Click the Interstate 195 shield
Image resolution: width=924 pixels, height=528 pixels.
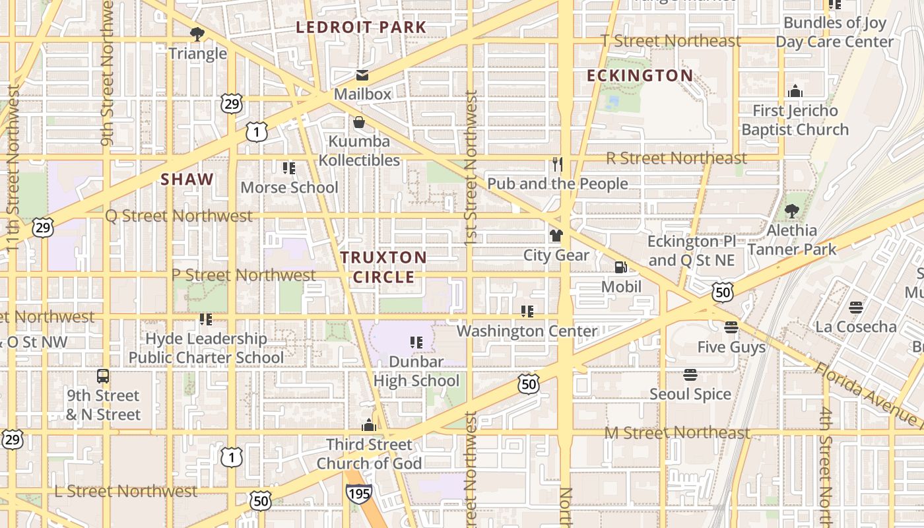358,492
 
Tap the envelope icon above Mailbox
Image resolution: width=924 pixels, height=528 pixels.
362,75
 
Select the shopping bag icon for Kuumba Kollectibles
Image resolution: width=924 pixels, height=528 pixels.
359,122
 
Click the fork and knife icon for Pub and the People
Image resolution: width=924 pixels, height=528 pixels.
558,164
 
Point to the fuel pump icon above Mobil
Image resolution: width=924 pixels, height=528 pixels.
621,267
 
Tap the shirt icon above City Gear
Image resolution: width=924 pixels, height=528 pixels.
556,236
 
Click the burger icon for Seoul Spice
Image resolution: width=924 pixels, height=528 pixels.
690,375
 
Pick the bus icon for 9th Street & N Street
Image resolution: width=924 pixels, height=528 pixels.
103,376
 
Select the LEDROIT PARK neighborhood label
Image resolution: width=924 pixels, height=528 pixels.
361,28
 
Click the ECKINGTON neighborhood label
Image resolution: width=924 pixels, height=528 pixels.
640,76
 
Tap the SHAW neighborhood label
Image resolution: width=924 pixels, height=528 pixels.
187,179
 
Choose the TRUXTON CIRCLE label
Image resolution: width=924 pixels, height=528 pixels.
383,267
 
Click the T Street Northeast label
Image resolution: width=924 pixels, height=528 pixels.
671,41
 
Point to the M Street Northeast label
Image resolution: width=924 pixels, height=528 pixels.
678,433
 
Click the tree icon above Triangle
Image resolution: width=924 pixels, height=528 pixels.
197,34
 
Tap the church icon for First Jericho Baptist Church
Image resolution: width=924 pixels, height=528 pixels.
795,91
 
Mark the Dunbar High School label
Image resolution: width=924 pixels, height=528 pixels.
416,371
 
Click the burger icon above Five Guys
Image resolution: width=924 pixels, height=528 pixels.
731,327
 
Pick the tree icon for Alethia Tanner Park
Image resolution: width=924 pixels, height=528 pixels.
791,211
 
